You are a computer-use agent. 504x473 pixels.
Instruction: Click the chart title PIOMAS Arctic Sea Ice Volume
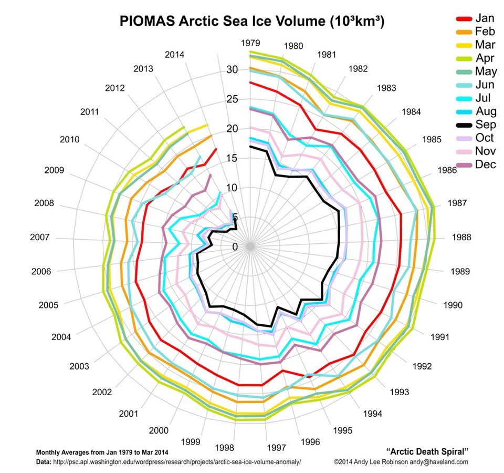point(252,22)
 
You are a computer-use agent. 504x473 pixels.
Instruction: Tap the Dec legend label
point(485,164)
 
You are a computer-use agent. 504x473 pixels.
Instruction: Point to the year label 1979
point(251,43)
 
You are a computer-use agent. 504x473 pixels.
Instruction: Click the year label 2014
point(174,54)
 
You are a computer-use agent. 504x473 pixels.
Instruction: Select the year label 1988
point(461,237)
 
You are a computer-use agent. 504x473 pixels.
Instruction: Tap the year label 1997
point(276,448)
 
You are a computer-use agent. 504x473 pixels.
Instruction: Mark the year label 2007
point(40,238)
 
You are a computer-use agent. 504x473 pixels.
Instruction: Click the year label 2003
point(79,366)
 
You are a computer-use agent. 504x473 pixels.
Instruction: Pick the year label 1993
point(398,392)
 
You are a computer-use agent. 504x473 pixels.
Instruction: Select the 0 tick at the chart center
point(235,247)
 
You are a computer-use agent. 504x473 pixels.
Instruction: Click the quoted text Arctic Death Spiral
point(427,451)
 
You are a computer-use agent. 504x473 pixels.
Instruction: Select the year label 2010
point(69,140)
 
